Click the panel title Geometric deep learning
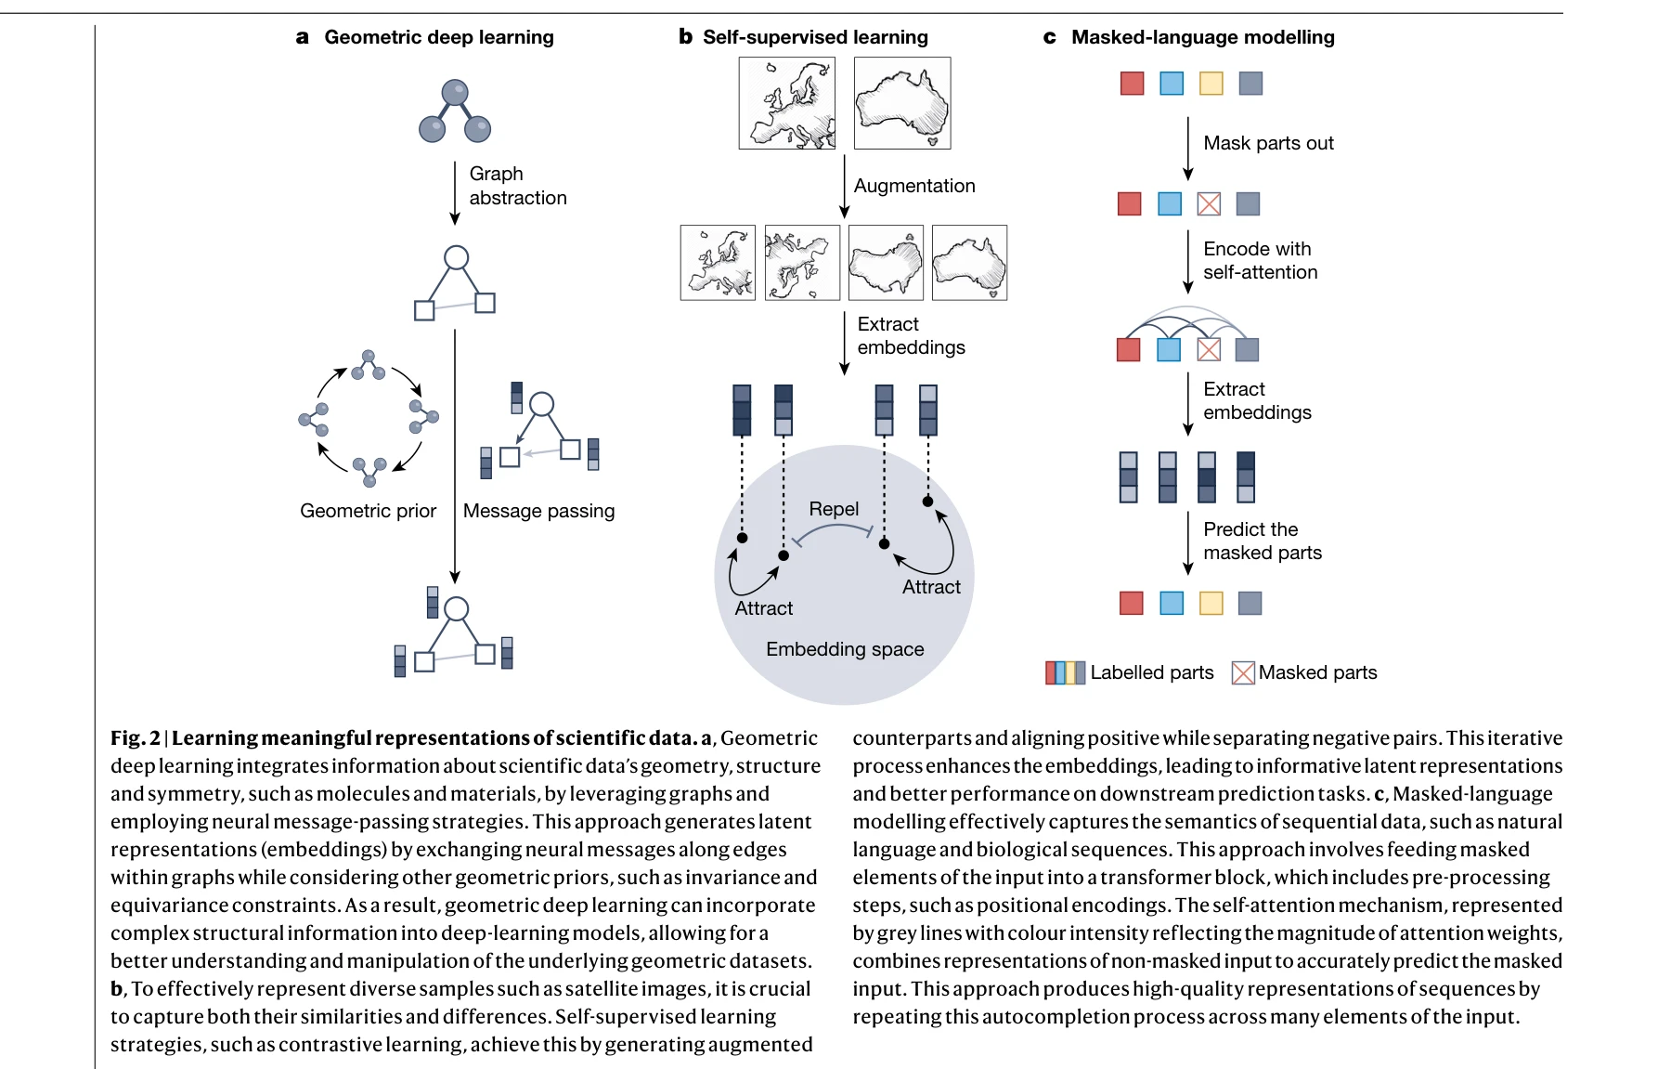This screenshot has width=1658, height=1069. (438, 37)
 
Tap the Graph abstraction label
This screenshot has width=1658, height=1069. (517, 186)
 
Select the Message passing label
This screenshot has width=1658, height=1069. (538, 511)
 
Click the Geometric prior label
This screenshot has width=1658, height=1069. (368, 511)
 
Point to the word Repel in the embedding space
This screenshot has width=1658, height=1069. (834, 509)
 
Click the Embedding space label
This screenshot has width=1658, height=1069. (845, 649)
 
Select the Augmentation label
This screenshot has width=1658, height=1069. (914, 186)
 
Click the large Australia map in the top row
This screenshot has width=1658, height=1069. (902, 103)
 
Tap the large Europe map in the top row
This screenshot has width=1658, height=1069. (787, 103)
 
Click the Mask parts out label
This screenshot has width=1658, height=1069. (1268, 143)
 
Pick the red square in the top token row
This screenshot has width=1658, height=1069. (1132, 84)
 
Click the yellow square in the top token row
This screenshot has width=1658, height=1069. (1211, 84)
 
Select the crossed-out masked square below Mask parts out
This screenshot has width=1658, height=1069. (1209, 204)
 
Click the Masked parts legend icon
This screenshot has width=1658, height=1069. (1243, 672)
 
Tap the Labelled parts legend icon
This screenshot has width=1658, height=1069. (1065, 672)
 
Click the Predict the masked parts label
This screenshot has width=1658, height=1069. (1262, 541)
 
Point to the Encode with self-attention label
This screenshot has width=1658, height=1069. (1260, 260)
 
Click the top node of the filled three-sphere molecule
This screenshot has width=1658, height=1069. (455, 92)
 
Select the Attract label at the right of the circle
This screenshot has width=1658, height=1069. (931, 587)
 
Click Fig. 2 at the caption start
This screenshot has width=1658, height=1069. (136, 738)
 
